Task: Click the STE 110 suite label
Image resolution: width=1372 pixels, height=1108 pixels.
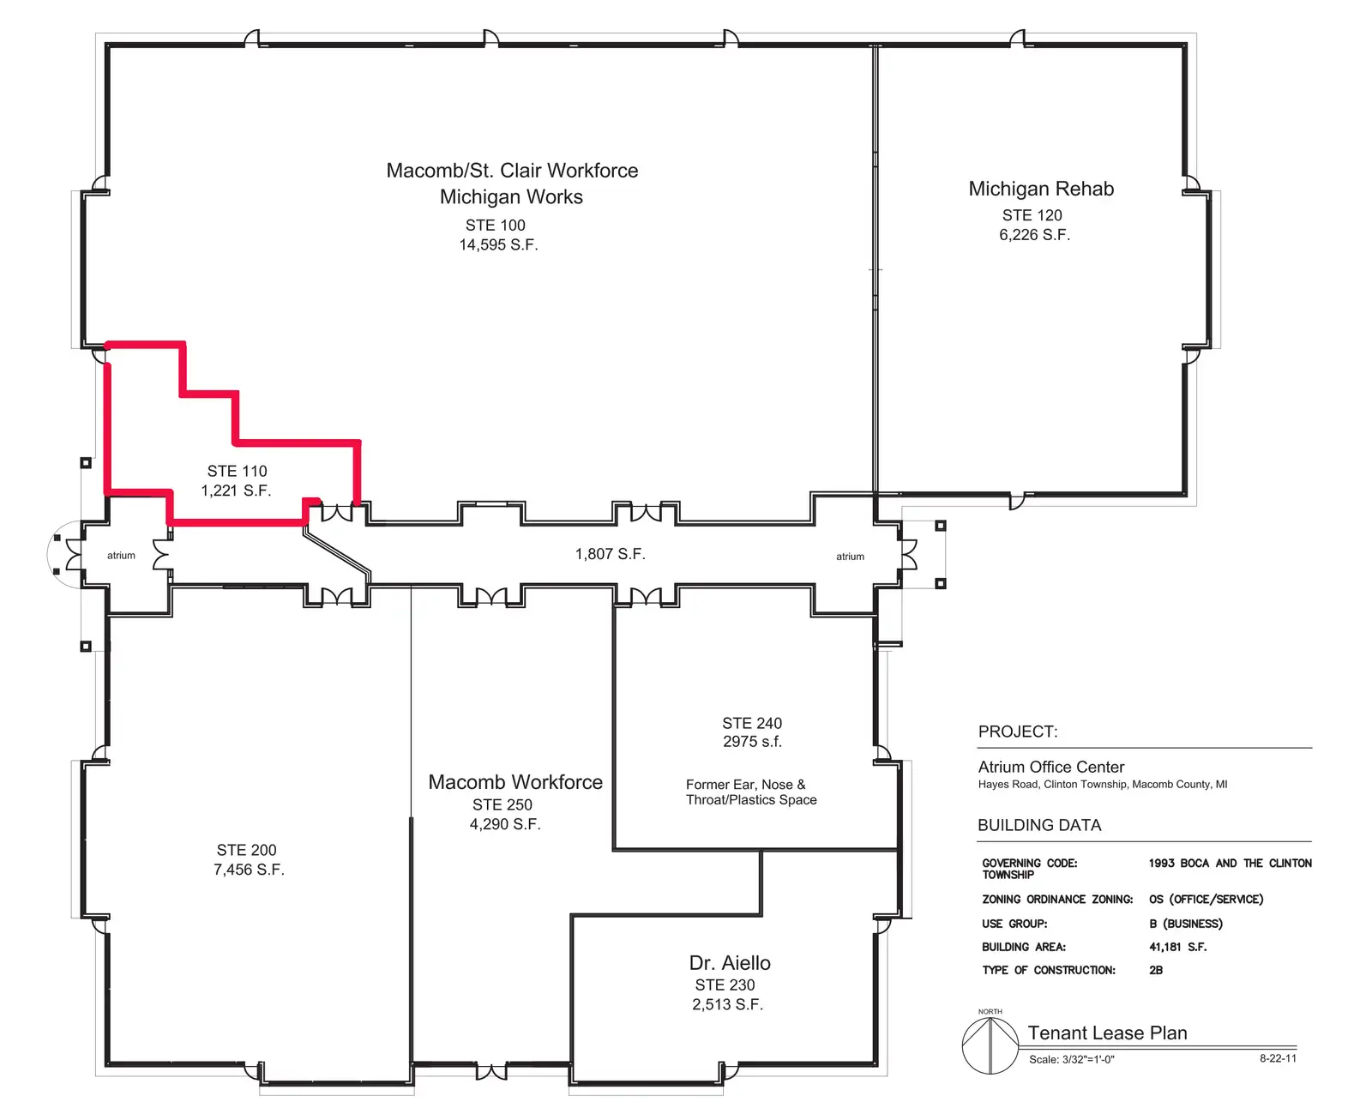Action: point(237,471)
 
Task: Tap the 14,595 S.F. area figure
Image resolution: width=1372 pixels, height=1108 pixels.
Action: point(498,244)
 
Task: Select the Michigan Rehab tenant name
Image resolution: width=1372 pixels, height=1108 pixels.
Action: point(1041,189)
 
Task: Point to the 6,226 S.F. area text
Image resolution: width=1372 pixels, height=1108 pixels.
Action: point(1034,235)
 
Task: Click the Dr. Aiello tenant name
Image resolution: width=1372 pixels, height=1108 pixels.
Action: point(729,963)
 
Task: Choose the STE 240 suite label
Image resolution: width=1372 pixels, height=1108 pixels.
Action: point(752,723)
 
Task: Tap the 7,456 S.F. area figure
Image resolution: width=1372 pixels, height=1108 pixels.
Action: point(249,870)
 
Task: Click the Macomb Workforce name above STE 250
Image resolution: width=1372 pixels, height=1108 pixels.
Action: point(515,782)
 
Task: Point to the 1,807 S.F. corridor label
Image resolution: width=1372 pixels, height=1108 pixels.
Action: point(610,554)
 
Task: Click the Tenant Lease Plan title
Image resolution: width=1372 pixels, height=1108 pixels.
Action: point(1107,1033)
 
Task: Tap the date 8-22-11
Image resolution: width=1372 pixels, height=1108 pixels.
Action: point(1278,1057)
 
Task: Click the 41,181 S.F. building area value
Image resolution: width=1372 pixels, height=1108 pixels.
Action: point(1177,947)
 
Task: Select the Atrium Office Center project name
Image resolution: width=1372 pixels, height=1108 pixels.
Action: point(1050,767)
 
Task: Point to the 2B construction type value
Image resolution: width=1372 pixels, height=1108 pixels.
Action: point(1156,970)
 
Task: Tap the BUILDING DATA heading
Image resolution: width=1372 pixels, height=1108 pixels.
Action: point(1039,825)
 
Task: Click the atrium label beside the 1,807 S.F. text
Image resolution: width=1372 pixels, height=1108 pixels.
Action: point(850,557)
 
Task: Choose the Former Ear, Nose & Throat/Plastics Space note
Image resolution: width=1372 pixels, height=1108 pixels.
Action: point(751,792)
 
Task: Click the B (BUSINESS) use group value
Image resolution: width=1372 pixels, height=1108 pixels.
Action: point(1185,924)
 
